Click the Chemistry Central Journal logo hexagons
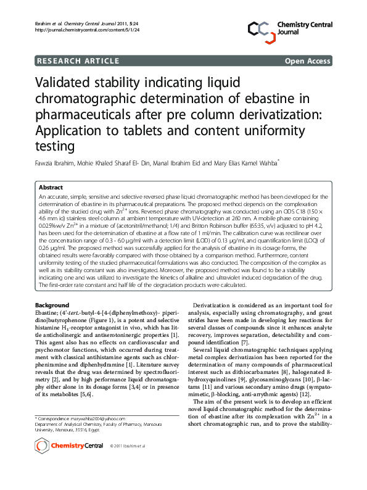coord(261,28)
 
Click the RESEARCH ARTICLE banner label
coord(78,61)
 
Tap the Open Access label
coord(307,61)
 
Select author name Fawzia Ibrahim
coord(59,163)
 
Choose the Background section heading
coord(52,305)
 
